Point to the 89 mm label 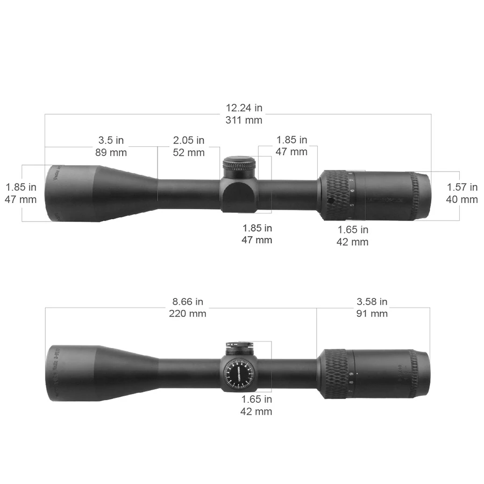coord(111,152)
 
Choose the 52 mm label coord(189,152)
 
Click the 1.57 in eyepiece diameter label coord(462,187)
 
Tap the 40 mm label coord(462,200)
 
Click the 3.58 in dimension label coord(372,302)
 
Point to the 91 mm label coord(372,314)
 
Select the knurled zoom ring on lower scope coord(334,374)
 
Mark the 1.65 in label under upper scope coord(353,230)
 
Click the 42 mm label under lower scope coord(256,411)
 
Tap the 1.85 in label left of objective coord(21,187)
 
